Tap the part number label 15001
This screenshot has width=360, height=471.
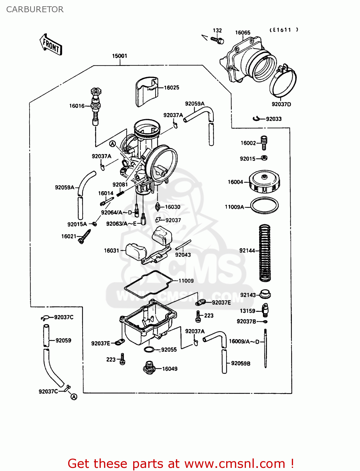(x=120, y=56)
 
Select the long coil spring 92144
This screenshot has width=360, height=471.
(x=265, y=253)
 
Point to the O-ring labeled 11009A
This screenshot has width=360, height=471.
(x=265, y=206)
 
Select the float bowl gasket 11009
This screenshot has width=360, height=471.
(x=148, y=284)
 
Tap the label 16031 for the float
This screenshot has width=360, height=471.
(x=112, y=251)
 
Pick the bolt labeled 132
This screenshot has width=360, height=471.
(x=217, y=40)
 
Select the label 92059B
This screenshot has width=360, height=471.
(x=241, y=363)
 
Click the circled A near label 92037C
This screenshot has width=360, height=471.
(x=74, y=397)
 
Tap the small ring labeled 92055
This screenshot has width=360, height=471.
(x=149, y=349)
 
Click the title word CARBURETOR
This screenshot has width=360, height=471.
(x=35, y=9)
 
